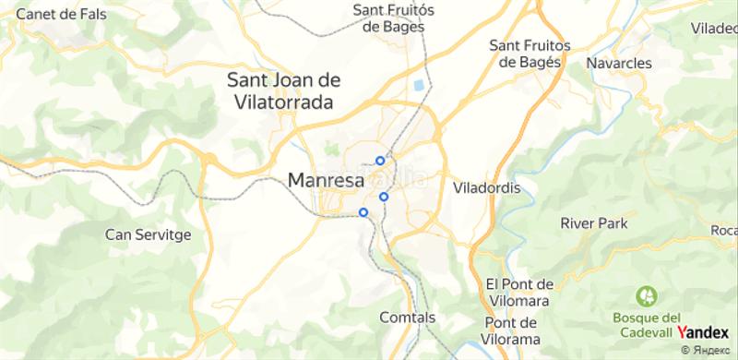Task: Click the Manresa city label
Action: point(327,181)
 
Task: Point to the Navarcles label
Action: point(619,64)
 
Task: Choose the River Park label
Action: point(593,223)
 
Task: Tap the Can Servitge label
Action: point(148,234)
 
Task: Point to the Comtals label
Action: point(407,318)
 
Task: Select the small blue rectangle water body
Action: point(422,86)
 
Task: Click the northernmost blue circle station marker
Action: point(380,161)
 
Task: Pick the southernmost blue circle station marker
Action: point(363,212)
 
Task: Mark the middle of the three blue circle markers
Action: point(383,196)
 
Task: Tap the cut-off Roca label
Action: point(724,230)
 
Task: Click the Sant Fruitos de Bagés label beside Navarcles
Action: point(530,54)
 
